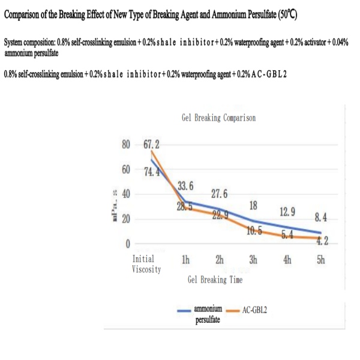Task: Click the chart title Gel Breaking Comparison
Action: coord(218,118)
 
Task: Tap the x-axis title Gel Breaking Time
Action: coord(218,280)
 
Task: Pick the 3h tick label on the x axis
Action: coord(253,259)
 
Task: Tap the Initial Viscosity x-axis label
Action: coord(146,264)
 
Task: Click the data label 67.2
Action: coord(151,145)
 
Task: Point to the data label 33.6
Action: coord(185,186)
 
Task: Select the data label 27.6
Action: coord(220,194)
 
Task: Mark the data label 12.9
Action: coord(287,212)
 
